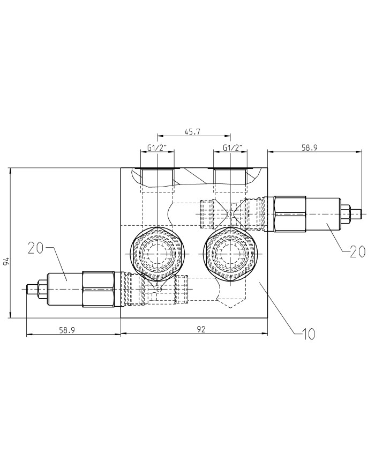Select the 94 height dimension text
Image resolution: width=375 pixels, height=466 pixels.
point(6,261)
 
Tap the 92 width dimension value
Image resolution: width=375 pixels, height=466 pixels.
point(201,329)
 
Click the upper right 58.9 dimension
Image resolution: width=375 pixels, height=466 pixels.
point(309,147)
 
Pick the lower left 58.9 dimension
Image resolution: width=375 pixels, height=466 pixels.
point(67,330)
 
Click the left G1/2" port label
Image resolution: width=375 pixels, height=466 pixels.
point(157,147)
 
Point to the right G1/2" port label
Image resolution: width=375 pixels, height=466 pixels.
point(232,147)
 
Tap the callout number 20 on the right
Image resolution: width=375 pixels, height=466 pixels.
point(357,252)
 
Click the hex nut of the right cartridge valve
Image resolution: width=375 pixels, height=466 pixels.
point(290,214)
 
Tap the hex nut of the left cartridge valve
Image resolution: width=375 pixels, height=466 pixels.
point(99,289)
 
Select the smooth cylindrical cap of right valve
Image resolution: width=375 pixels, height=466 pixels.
point(323,214)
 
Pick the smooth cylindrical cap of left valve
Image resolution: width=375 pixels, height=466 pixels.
point(65,289)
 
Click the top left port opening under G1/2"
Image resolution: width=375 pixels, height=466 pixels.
point(157,177)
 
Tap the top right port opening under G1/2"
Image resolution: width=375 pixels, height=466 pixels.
point(230,177)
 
